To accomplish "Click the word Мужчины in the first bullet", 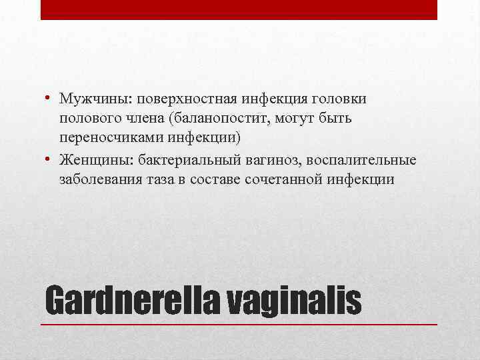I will [86, 99].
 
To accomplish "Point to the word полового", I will [86, 118].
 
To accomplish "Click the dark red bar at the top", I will [239, 9].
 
